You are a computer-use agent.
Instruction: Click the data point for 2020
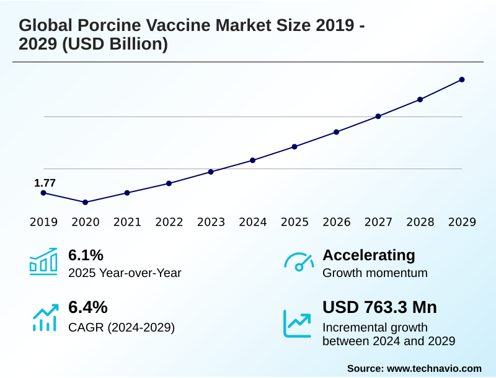tap(85, 202)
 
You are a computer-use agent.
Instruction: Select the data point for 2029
tap(462, 79)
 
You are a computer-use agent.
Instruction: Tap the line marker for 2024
tap(253, 160)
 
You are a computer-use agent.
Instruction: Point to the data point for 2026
tap(337, 132)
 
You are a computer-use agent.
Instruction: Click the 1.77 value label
tap(45, 183)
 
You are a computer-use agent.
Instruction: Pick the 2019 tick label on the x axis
tap(43, 222)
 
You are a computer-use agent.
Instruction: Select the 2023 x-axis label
tap(211, 222)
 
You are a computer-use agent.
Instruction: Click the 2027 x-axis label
tap(378, 222)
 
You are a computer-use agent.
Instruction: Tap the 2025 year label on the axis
tap(294, 222)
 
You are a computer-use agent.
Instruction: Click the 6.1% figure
tap(86, 255)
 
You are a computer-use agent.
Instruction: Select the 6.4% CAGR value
tap(87, 307)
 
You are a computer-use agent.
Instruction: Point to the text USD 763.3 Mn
tap(379, 307)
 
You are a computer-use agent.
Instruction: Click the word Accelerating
tap(369, 255)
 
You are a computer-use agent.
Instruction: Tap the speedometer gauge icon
tap(298, 262)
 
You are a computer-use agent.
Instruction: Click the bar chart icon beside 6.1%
tap(43, 262)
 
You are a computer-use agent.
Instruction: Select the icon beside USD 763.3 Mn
tap(297, 323)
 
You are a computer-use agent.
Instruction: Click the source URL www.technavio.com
tap(434, 368)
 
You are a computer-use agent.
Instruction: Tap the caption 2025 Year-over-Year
tap(125, 273)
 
